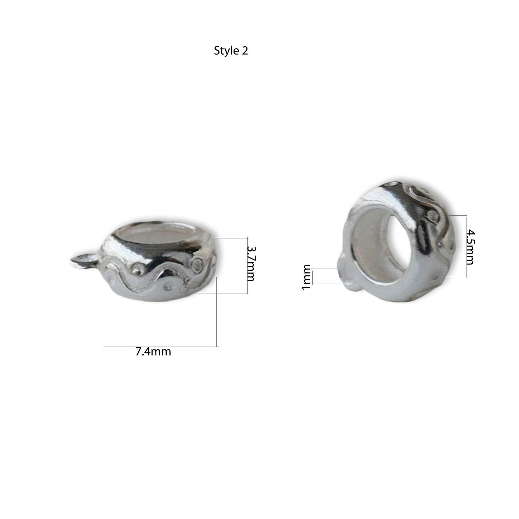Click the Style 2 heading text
click(231, 51)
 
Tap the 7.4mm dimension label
click(153, 352)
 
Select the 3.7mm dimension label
click(250, 264)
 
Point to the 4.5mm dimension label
click(470, 247)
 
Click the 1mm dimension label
click(306, 277)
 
